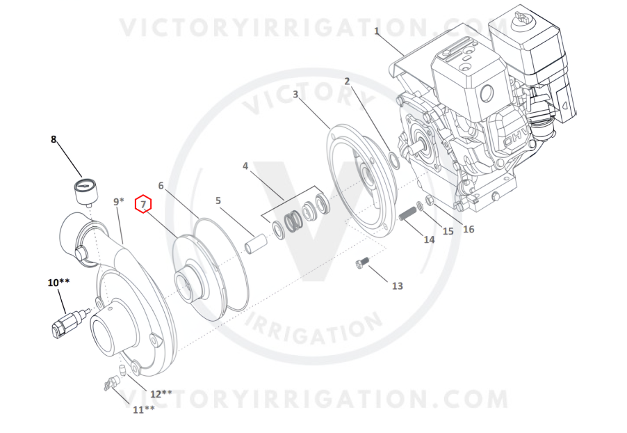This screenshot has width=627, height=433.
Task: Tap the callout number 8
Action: click(x=54, y=139)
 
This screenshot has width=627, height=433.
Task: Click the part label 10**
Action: click(x=58, y=283)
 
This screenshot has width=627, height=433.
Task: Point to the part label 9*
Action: click(x=119, y=201)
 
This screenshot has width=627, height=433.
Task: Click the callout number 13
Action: click(x=397, y=286)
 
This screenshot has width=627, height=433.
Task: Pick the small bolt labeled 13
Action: click(x=362, y=262)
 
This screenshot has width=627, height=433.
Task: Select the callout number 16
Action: click(x=469, y=229)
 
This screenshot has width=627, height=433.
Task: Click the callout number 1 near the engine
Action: click(x=376, y=31)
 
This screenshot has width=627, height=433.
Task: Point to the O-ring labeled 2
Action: click(x=394, y=160)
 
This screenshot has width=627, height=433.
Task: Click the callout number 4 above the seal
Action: click(x=245, y=166)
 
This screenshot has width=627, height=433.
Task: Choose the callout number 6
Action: click(x=161, y=185)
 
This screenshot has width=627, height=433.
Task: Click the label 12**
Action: click(x=161, y=394)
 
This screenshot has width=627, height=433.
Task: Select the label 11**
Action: click(x=144, y=409)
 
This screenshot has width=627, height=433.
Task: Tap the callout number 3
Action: click(x=295, y=95)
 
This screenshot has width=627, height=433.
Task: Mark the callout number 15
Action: click(x=448, y=231)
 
